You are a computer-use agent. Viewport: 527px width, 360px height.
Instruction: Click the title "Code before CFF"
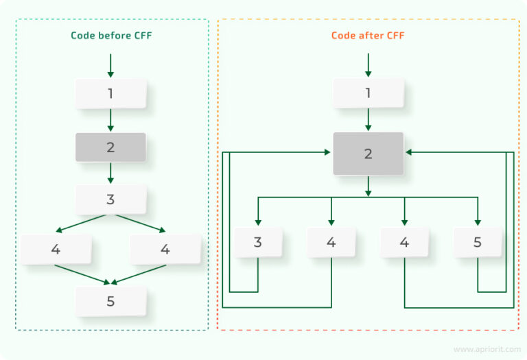tap(110, 35)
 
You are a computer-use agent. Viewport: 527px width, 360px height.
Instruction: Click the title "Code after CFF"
tap(368, 35)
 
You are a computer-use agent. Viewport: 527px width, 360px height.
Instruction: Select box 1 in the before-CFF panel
tap(110, 93)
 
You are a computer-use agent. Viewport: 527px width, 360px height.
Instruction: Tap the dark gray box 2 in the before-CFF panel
tap(110, 147)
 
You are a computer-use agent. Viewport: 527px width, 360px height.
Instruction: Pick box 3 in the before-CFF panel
tap(110, 200)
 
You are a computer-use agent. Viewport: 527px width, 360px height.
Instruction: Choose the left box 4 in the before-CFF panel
tap(56, 249)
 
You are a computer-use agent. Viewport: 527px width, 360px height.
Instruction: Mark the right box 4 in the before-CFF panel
tap(165, 249)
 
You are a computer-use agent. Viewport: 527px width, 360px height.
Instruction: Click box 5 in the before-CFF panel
tap(110, 301)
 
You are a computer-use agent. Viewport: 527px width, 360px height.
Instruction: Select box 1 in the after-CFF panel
tap(368, 93)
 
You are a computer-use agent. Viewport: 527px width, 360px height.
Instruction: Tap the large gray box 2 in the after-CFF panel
tap(368, 153)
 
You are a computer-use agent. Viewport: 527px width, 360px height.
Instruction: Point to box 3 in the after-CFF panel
tap(258, 242)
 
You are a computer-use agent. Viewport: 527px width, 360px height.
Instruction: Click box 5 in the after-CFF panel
tap(478, 242)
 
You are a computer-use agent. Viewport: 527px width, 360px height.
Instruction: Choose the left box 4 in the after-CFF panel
tap(331, 242)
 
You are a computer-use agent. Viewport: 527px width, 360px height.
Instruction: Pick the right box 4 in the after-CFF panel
tap(404, 242)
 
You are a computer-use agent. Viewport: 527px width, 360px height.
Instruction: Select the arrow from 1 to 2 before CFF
tap(110, 119)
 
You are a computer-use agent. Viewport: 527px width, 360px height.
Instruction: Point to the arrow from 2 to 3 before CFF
tap(110, 173)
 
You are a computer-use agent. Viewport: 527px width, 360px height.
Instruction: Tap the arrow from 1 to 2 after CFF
tap(368, 119)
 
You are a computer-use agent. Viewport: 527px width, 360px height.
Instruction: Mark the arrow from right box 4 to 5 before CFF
tap(140, 274)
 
